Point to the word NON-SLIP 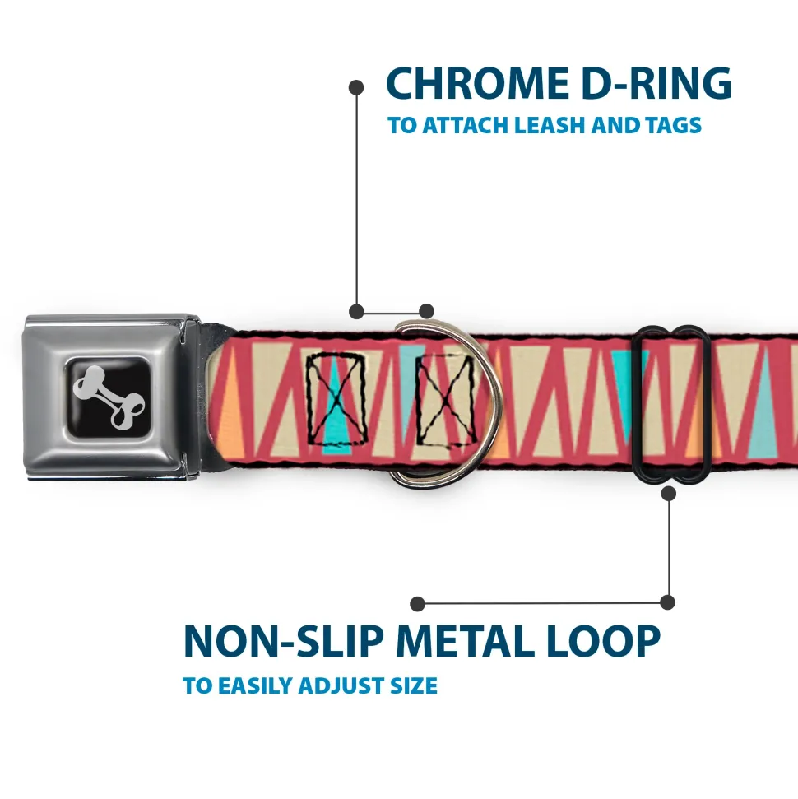[283, 641]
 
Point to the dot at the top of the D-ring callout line [356, 86]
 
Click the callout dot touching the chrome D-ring [426, 311]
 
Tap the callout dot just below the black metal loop [668, 493]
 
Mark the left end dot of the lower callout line [418, 604]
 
